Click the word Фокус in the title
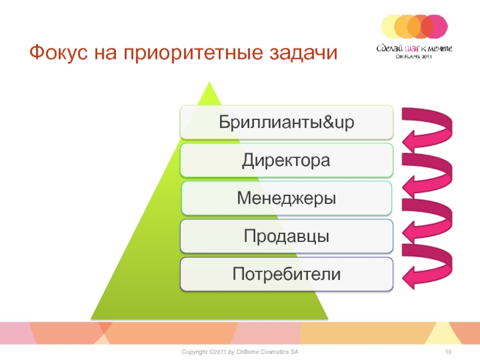click(x=59, y=52)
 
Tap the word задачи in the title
click(x=303, y=53)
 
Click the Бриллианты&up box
click(x=287, y=122)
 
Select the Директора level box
click(x=287, y=160)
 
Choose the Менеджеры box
click(x=287, y=198)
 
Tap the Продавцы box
click(x=287, y=236)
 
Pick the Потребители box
click(x=287, y=274)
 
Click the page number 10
click(x=448, y=352)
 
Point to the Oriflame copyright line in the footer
click(x=239, y=352)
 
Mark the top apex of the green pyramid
click(x=209, y=82)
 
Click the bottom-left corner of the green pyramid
click(x=91, y=319)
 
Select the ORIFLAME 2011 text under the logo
click(x=413, y=56)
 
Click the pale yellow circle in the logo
click(x=392, y=26)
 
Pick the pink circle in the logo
click(x=436, y=26)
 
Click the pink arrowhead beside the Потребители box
click(x=412, y=277)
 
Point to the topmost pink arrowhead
click(x=412, y=141)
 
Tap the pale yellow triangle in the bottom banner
click(x=440, y=334)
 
